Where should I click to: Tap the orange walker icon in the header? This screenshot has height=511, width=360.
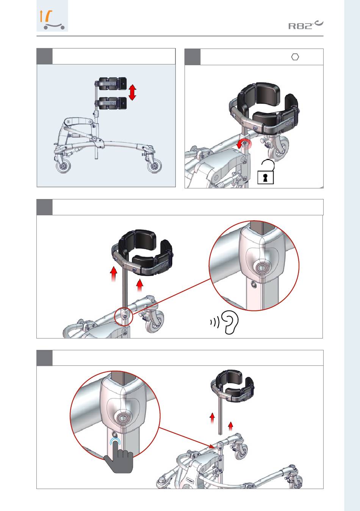tap(52, 19)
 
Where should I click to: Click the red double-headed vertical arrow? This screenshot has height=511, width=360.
tap(132, 92)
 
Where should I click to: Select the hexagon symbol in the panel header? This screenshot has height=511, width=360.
tap(295, 57)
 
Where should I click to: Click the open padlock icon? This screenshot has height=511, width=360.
tap(266, 172)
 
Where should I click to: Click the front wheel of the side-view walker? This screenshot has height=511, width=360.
tap(154, 166)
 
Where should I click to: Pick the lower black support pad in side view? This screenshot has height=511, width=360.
tap(112, 103)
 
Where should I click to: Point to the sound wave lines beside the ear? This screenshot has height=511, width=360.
tap(215, 322)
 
